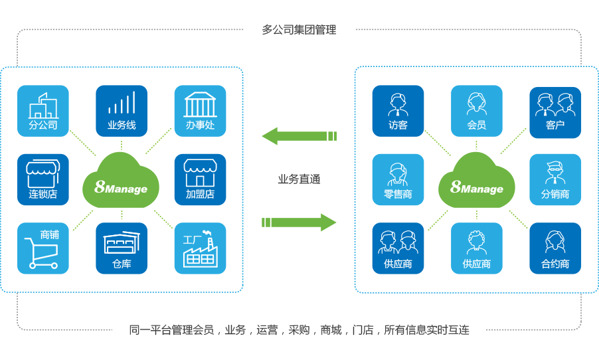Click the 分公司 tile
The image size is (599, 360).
pyautogui.click(x=43, y=111)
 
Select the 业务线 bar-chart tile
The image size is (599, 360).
pyautogui.click(x=122, y=111)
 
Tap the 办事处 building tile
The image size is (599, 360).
pyautogui.click(x=200, y=111)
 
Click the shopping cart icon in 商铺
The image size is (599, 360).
pyautogui.click(x=39, y=253)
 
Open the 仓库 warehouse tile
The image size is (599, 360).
pyautogui.click(x=122, y=248)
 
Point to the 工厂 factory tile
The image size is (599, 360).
pyautogui.click(x=200, y=248)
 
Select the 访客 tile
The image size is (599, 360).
pyautogui.click(x=398, y=111)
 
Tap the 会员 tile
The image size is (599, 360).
pyautogui.click(x=476, y=111)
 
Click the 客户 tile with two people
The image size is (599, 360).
pyautogui.click(x=555, y=111)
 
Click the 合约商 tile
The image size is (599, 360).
pyautogui.click(x=555, y=248)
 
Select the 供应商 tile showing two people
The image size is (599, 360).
pyautogui.click(x=398, y=248)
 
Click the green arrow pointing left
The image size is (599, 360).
pyautogui.click(x=299, y=136)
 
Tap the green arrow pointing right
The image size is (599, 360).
pyautogui.click(x=299, y=222)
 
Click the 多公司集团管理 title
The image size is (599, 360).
pyautogui.click(x=299, y=30)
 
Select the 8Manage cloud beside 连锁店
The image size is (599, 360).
pyautogui.click(x=122, y=181)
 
